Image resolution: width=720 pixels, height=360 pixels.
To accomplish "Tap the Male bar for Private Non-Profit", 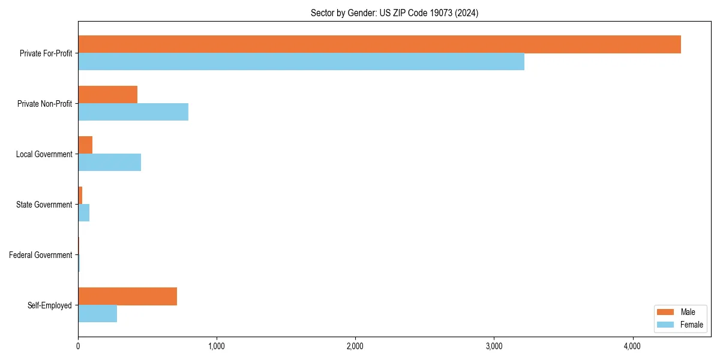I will [x=108, y=95].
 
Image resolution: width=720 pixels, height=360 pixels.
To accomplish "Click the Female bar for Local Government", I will [x=110, y=162].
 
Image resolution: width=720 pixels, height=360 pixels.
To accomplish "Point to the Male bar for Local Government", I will [x=85, y=145].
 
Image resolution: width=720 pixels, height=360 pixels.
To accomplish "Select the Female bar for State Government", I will [x=84, y=212].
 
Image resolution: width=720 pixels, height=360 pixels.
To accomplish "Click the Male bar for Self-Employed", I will [x=127, y=296].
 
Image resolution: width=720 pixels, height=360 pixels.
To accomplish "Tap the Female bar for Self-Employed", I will [x=97, y=313].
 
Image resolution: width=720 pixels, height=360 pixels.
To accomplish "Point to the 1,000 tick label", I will [x=217, y=346].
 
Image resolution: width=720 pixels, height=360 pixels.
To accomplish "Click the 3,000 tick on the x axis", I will [x=494, y=346].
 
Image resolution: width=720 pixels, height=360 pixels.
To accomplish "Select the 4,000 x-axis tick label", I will [x=632, y=346].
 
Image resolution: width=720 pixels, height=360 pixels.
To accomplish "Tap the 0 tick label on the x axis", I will [x=78, y=346].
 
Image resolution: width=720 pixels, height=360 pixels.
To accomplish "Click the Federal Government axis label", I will [x=40, y=255].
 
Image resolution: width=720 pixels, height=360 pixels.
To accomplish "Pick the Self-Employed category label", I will [x=50, y=305].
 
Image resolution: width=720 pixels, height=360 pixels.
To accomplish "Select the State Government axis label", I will [x=44, y=205].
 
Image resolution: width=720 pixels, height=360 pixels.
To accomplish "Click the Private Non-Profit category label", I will [x=44, y=104].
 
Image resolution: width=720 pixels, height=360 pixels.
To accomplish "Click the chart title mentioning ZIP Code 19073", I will [x=394, y=13].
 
